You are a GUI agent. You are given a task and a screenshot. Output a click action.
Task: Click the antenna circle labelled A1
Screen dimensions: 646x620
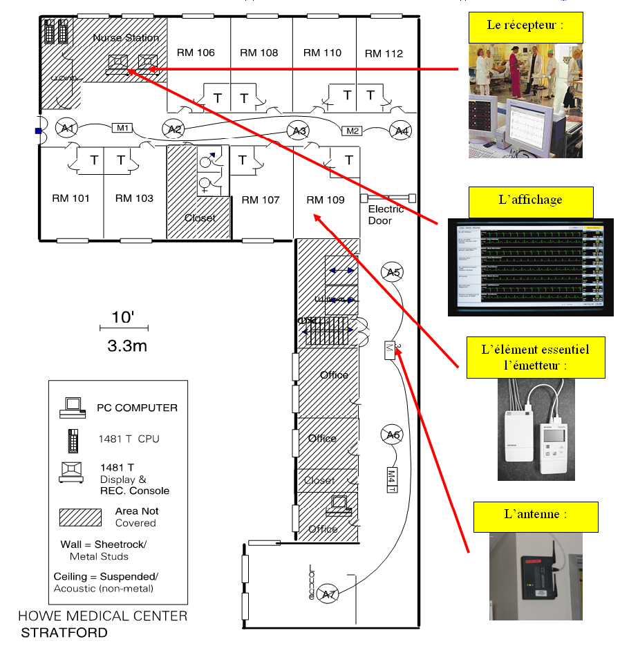point(67,128)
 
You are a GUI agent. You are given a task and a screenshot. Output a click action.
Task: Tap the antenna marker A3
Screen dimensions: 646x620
point(298,131)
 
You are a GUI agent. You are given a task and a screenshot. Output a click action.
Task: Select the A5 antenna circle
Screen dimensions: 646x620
point(393,272)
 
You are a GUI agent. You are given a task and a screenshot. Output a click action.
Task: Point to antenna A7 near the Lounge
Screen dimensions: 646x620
point(329,593)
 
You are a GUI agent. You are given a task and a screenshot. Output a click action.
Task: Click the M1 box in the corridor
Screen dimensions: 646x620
point(122,128)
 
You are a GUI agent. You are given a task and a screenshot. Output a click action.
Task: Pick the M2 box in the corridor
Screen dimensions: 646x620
point(353,131)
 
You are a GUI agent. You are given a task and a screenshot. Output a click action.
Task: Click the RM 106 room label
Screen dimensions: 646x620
point(196,53)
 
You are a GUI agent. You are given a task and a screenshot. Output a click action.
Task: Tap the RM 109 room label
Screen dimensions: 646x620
point(325,200)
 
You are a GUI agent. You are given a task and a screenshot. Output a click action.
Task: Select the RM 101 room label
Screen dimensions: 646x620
point(71,198)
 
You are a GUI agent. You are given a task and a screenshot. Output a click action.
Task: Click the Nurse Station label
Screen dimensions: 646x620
point(126,38)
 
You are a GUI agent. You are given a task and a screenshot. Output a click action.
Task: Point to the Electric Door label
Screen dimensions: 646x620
point(386,214)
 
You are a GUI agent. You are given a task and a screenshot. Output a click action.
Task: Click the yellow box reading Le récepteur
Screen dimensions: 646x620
point(525,26)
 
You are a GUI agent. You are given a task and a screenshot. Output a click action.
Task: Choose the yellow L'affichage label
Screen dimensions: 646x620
point(530,201)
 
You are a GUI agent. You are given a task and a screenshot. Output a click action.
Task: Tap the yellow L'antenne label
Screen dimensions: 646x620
point(536,515)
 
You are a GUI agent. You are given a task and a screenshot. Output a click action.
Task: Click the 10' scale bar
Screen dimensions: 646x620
point(129,326)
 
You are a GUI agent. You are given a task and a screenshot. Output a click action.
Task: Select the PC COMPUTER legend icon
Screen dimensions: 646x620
point(73,408)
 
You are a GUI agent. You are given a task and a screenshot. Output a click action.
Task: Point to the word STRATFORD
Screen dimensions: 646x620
point(64,632)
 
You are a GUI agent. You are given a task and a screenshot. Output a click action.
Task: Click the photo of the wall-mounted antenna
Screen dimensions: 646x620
point(536,576)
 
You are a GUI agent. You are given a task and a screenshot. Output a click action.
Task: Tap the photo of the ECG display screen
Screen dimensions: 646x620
point(530,267)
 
